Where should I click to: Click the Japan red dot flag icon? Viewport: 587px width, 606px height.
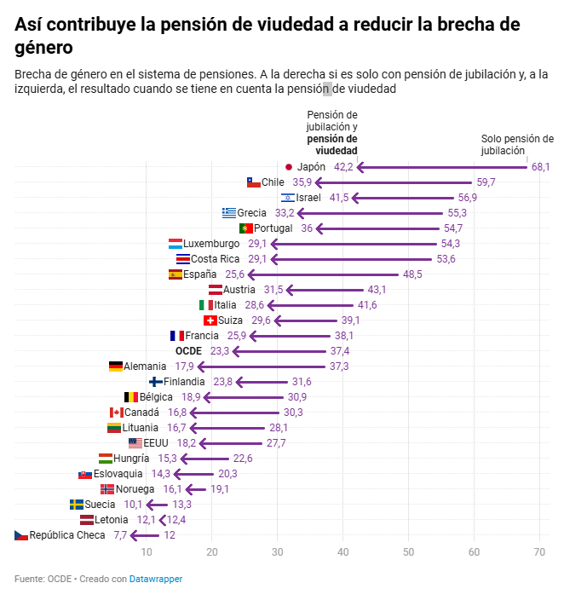click(x=289, y=167)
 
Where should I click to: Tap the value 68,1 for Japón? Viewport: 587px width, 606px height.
click(x=541, y=167)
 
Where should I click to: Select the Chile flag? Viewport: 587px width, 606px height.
click(x=253, y=182)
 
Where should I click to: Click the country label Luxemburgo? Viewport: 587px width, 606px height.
click(x=211, y=244)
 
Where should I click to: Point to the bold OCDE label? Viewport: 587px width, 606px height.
click(x=189, y=351)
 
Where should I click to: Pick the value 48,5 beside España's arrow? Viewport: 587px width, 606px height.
click(x=412, y=274)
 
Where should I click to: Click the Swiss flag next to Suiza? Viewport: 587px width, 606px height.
click(x=210, y=320)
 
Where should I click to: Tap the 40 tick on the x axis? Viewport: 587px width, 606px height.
click(x=342, y=552)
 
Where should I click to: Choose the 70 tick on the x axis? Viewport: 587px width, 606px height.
click(x=539, y=552)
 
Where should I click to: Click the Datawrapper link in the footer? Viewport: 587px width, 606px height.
click(x=156, y=580)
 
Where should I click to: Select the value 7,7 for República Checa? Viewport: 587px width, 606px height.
click(x=120, y=535)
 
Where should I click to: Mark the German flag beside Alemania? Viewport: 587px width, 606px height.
click(x=116, y=366)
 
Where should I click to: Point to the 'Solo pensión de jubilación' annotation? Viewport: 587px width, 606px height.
click(x=517, y=144)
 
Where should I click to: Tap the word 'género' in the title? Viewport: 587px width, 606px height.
click(x=43, y=47)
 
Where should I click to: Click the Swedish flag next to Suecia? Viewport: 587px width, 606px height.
click(x=77, y=505)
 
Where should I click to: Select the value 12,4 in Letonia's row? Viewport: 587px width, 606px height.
click(x=176, y=520)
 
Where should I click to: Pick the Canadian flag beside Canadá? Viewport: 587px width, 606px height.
click(x=117, y=413)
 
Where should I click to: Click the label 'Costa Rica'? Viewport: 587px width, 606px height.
click(x=216, y=259)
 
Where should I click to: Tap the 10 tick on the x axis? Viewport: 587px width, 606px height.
click(x=147, y=552)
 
